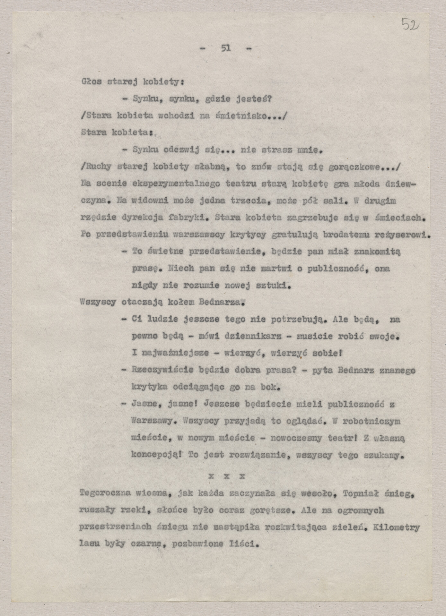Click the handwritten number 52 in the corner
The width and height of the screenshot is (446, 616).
410,23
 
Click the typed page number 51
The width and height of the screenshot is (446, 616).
226,48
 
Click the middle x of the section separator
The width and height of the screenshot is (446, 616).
226,476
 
